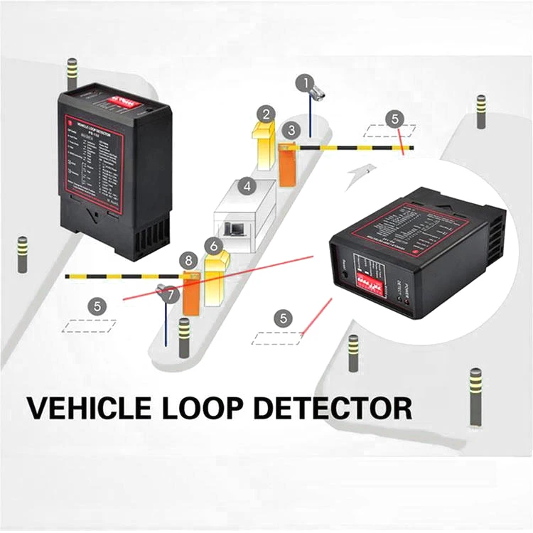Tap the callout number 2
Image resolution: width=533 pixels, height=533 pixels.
[x=266, y=114]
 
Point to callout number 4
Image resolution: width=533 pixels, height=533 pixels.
[x=247, y=187]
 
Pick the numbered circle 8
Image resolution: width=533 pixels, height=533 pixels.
[x=189, y=261]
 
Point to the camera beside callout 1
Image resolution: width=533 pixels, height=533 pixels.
[x=316, y=93]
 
